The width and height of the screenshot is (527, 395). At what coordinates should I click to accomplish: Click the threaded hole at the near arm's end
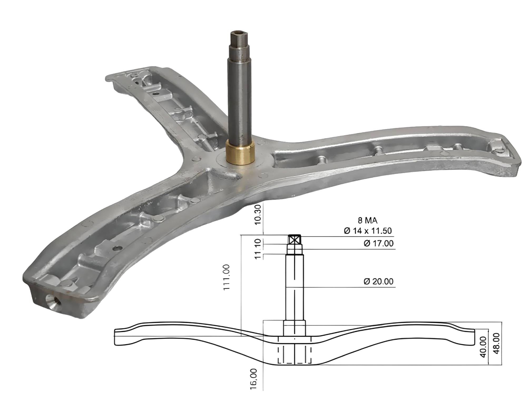click(53, 299)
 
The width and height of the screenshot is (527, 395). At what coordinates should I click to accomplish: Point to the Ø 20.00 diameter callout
click(378, 282)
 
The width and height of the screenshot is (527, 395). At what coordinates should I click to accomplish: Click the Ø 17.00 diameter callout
click(378, 244)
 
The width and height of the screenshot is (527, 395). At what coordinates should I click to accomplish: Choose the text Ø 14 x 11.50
click(368, 231)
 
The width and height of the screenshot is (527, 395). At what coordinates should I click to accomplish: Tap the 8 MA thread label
click(368, 220)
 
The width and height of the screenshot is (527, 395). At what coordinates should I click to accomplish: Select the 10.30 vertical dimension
click(258, 214)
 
